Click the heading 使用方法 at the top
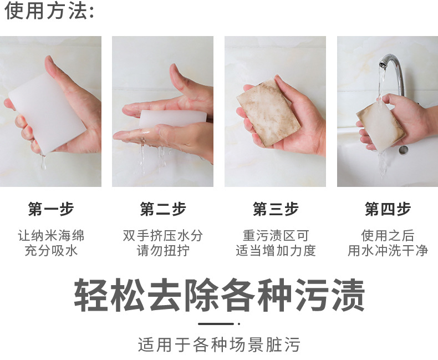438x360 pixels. click(x=49, y=11)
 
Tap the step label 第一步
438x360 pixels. click(x=51, y=209)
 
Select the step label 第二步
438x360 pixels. click(x=163, y=209)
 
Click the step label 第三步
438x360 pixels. click(x=276, y=209)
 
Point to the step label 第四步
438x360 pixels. click(x=388, y=209)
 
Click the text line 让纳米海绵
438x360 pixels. click(x=51, y=236)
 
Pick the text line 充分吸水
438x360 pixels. click(x=51, y=251)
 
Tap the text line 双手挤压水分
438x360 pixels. click(x=163, y=236)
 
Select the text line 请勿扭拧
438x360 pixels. click(x=163, y=251)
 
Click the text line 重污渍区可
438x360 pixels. click(x=276, y=236)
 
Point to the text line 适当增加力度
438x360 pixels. click(x=276, y=251)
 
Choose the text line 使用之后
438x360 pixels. click(x=388, y=236)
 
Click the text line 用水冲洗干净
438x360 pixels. click(x=388, y=251)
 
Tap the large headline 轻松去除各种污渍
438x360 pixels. click(x=220, y=296)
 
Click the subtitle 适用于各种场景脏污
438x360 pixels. click(x=219, y=344)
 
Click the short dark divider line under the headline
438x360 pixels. click(x=216, y=323)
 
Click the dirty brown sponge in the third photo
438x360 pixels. click(x=268, y=111)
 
